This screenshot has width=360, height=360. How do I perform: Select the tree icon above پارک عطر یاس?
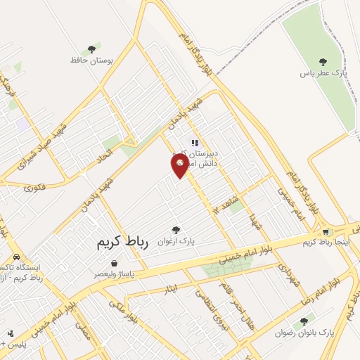323,63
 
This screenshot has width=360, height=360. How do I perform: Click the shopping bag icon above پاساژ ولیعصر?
114,263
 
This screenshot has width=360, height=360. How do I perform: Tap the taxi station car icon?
16,257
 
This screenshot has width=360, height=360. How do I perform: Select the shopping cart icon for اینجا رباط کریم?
326,232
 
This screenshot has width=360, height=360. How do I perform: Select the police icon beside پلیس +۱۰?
11,333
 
